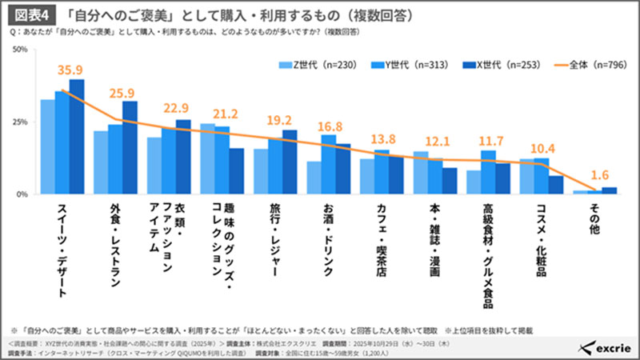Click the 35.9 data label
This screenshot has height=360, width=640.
click(x=69, y=70)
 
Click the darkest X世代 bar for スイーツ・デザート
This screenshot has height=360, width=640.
click(x=77, y=137)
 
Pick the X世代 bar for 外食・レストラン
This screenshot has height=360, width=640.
click(x=130, y=148)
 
